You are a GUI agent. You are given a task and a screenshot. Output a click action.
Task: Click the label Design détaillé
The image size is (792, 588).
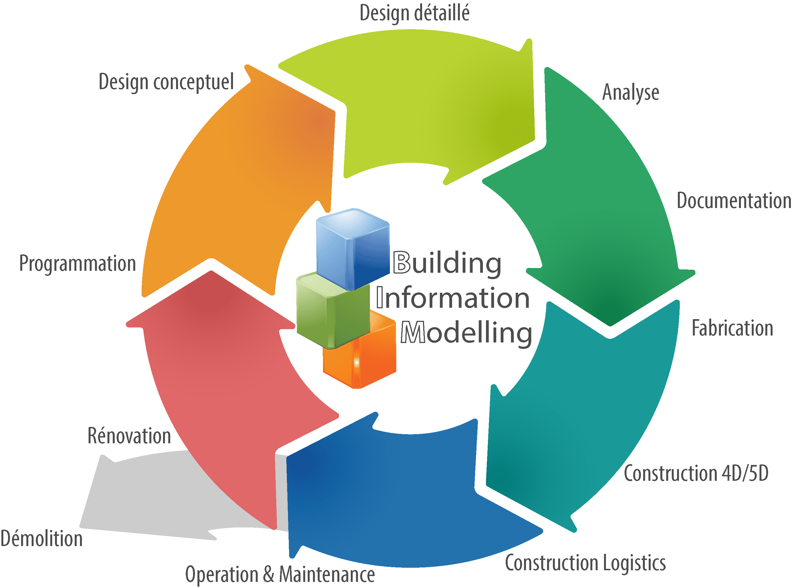(415, 14)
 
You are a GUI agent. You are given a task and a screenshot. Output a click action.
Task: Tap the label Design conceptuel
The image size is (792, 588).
(166, 82)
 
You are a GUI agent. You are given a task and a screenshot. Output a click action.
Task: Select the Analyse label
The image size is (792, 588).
(630, 93)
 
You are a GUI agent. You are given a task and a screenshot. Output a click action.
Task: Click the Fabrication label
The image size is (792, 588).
(732, 328)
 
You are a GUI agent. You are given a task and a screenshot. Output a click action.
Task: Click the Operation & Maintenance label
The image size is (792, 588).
(280, 574)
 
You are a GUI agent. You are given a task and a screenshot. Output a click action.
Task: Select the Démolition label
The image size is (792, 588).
(41, 539)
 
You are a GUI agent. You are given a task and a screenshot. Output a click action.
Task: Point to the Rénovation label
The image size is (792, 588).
(129, 436)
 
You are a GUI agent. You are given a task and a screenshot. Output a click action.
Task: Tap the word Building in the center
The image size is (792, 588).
(447, 263)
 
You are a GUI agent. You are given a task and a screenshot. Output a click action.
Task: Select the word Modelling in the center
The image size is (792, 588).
(466, 332)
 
